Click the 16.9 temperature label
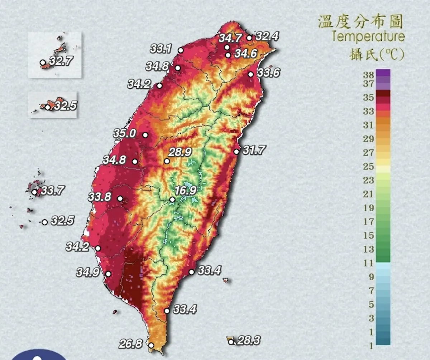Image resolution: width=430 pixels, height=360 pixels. tap(186, 191)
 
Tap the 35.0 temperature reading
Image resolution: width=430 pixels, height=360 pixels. tap(125, 134)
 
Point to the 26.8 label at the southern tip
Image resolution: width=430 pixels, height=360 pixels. tap(131, 344)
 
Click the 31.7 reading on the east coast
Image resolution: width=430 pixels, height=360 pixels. tap(254, 150)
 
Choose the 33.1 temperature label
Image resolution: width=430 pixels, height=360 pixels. tap(161, 49)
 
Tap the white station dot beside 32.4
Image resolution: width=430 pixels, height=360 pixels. tap(249, 38)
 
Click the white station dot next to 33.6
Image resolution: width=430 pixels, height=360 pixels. tap(251, 74)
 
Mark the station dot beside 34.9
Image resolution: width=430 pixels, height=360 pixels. tap(108, 274)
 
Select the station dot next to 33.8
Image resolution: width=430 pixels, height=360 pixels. tap(120, 198)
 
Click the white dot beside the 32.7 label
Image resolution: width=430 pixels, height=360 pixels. tap(43, 62)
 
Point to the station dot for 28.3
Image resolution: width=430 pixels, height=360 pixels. tap(231, 342)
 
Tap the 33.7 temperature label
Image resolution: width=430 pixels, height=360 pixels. tap(52, 191)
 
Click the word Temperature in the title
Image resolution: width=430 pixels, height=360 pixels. tap(368, 36)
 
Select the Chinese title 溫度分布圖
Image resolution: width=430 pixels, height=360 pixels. tap(360, 21)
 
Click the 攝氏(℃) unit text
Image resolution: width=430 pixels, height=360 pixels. tap(377, 54)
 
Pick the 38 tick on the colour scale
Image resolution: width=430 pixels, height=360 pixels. tap(369, 75)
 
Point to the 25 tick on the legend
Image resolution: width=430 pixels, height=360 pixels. tap(369, 167)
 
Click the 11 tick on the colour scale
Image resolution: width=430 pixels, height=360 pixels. tap(369, 263)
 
